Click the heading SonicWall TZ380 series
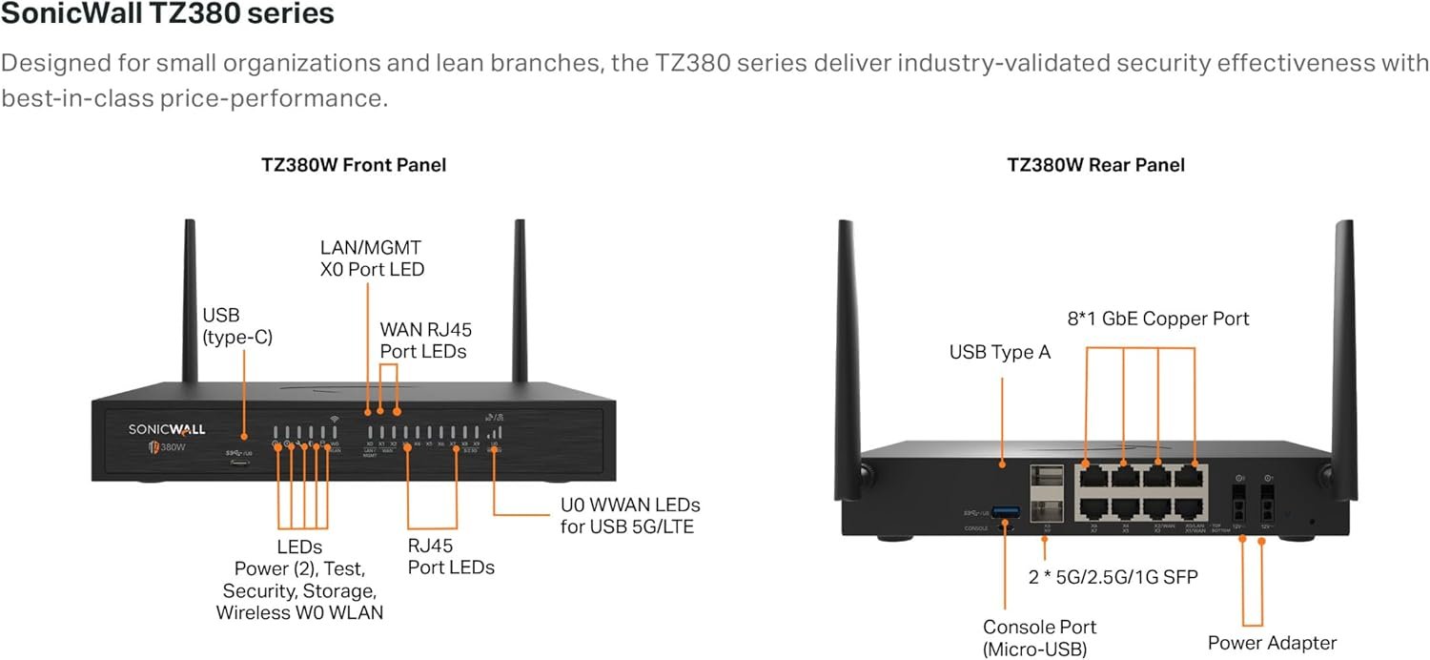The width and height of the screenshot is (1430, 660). [168, 15]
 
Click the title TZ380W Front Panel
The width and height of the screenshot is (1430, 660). [354, 165]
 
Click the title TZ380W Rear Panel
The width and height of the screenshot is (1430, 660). [1095, 165]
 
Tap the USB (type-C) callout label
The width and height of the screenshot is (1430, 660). [237, 325]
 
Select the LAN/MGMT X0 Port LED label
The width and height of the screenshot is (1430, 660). [371, 258]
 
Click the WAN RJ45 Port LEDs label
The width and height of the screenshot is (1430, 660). [425, 340]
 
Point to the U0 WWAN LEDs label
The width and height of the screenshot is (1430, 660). [629, 515]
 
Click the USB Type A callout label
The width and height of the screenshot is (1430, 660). [999, 353]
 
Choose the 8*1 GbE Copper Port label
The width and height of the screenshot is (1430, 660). [1157, 319]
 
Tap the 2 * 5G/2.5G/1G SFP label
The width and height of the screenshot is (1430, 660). [1111, 576]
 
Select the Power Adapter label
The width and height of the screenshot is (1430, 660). [1272, 643]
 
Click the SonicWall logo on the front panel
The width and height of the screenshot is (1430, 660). [167, 429]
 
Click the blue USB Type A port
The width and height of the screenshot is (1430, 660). [1006, 513]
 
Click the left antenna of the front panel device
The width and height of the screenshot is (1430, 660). [190, 300]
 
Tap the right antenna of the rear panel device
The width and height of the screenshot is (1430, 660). [1343, 353]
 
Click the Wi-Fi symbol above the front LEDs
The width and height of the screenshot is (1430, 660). [335, 418]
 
